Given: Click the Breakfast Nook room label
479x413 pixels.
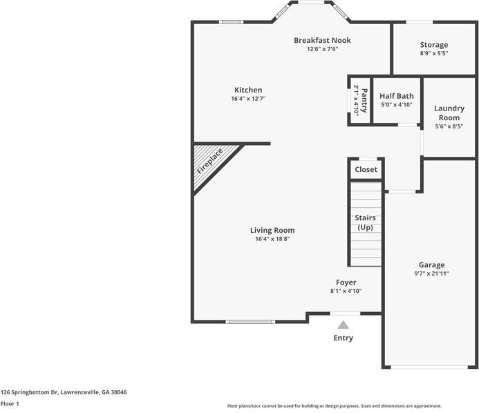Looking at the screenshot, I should coord(322,40).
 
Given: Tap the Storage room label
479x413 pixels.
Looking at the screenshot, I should coord(433,45).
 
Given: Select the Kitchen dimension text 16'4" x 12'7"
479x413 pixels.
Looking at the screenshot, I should coord(248,99).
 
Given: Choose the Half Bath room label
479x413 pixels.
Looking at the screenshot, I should coord(397,96).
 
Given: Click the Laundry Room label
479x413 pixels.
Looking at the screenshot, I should coord(449,113).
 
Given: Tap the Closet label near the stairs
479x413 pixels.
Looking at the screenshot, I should coord(366,169).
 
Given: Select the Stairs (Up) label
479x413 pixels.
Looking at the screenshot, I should coord(365,222).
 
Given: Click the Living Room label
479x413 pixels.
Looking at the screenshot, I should coord(272,230).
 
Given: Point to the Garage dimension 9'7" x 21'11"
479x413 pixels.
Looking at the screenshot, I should coord(431,273).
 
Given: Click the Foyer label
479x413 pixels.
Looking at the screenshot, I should coord(346,282).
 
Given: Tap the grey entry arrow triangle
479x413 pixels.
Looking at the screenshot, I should coord(343,325).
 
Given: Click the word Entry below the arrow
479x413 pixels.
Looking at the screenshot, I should coord(343,338).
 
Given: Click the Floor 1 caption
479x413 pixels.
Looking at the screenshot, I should coord(10,403).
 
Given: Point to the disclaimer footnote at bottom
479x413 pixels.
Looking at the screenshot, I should coord(335,406).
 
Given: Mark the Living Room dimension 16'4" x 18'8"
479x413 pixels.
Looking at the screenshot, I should coord(272,239).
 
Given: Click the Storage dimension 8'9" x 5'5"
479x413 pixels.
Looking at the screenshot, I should coord(433,53).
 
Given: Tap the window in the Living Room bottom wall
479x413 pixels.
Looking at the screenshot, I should coord(250,322).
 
